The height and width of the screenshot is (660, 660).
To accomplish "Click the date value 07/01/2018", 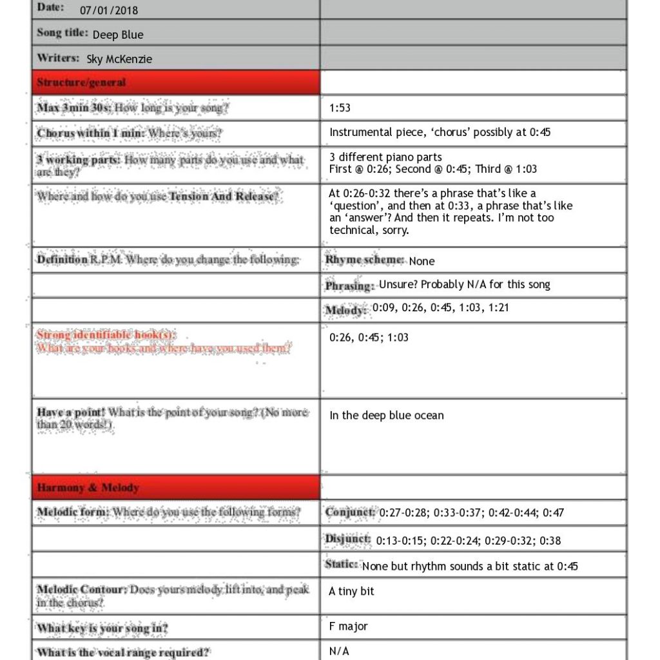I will [109, 10].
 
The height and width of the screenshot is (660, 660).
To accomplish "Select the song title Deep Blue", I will [118, 35].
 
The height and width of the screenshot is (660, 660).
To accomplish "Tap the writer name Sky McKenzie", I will [119, 59].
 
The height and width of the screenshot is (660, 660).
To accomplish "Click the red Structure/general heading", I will [81, 82].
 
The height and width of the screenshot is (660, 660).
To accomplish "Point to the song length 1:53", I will [340, 108].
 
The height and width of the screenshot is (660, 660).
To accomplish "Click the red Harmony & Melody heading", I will [88, 488].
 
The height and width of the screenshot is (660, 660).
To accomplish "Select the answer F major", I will [348, 626].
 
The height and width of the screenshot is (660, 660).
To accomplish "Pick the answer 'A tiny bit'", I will [351, 591].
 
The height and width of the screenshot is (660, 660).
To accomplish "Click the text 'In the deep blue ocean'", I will [386, 416].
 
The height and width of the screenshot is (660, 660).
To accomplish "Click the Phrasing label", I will [349, 286].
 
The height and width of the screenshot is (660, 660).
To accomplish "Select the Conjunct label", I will [350, 512].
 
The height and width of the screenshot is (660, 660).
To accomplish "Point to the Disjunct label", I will [348, 539].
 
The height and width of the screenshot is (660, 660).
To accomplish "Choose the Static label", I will [342, 565].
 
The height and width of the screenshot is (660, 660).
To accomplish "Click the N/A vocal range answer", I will [339, 651].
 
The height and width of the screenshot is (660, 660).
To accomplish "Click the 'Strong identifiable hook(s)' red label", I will [106, 335].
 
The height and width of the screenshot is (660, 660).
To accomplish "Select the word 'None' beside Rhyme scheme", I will [422, 261].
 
